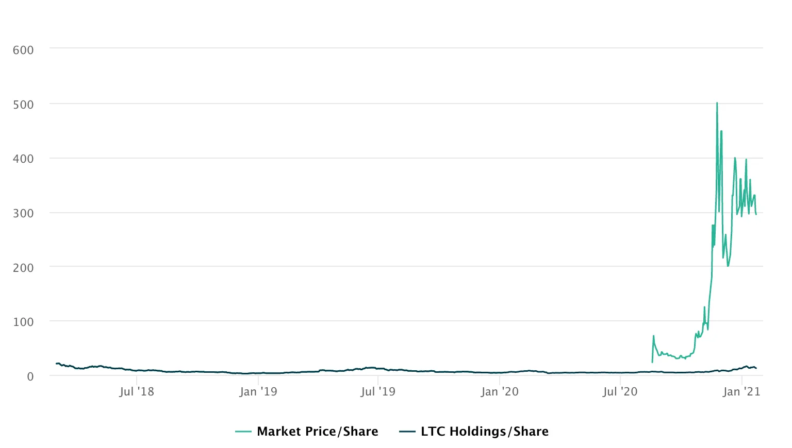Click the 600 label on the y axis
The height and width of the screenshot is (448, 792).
[23, 50]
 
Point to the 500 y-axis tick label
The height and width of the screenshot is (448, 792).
[23, 105]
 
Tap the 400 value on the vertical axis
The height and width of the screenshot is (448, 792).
[23, 159]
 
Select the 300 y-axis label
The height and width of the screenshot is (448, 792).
[23, 213]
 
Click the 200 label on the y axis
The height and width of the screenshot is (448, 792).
[23, 268]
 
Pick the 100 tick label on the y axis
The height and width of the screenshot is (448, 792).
[23, 322]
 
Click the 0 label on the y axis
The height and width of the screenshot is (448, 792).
[30, 376]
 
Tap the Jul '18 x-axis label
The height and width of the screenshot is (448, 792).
[137, 392]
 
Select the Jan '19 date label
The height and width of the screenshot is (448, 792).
[258, 392]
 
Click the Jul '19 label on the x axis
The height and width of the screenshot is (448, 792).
[378, 392]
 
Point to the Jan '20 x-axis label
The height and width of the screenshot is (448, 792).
[500, 392]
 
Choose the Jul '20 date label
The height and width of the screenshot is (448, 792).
[620, 392]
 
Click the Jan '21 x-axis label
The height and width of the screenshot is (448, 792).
[741, 392]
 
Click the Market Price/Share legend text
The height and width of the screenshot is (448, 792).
[317, 432]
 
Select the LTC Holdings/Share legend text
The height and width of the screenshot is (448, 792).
[484, 432]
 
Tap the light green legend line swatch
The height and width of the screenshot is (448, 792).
[243, 432]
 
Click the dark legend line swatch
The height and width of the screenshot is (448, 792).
[407, 432]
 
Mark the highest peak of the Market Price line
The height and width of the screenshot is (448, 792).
[717, 103]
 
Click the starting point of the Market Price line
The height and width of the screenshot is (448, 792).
[652, 362]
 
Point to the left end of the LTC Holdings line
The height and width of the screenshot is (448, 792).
[56, 364]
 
